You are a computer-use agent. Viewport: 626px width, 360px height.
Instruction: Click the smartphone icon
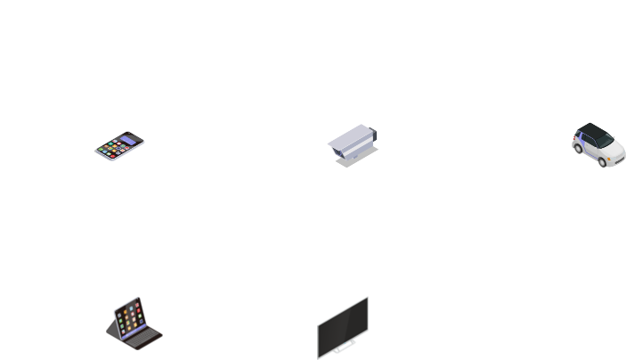(119, 146)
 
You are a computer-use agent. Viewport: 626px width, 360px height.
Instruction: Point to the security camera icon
(352, 145)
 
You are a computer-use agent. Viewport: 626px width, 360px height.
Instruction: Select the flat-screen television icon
(343, 328)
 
